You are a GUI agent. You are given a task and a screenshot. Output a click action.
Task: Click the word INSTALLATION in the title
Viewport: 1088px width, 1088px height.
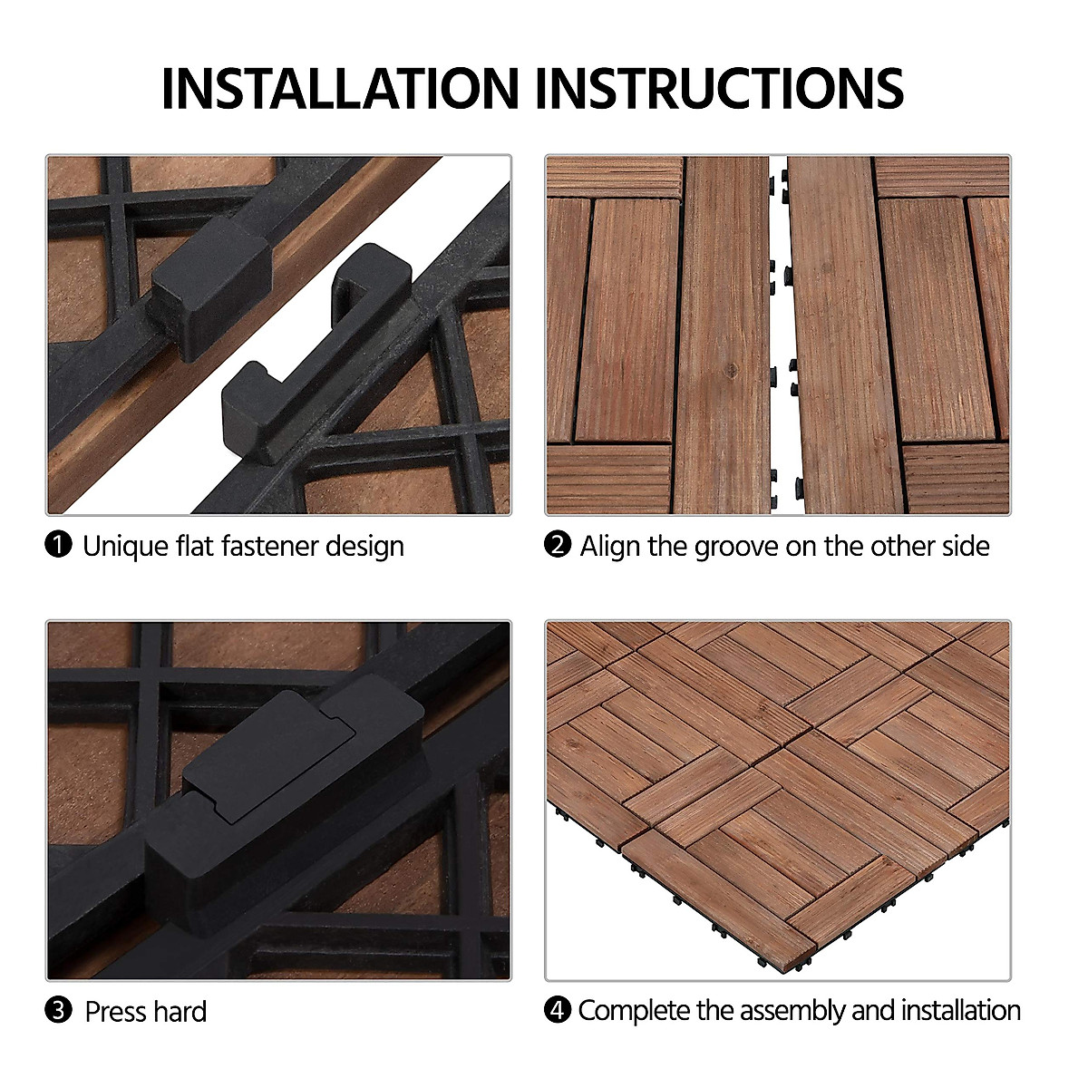(x=338, y=88)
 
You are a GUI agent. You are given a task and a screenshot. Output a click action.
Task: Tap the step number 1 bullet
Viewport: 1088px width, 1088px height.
(x=58, y=545)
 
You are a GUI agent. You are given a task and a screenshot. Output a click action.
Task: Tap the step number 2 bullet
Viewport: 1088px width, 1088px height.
(x=557, y=545)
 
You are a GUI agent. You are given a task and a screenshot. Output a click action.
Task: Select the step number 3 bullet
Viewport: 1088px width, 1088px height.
(x=58, y=1011)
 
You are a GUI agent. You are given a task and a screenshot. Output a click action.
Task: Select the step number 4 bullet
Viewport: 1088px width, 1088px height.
(x=557, y=1009)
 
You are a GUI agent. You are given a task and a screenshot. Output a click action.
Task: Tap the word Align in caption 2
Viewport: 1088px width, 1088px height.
(x=610, y=546)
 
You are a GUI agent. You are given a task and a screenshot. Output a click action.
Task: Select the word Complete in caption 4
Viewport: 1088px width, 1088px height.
(x=634, y=1010)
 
